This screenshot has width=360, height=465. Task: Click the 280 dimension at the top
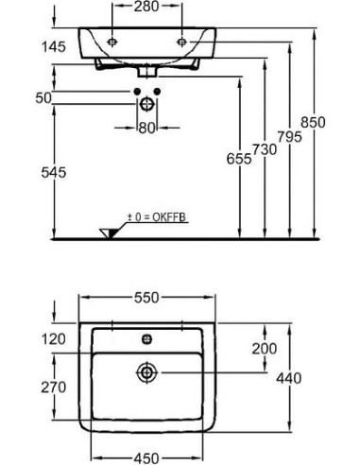click(x=146, y=7)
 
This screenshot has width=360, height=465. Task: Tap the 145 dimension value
click(x=54, y=47)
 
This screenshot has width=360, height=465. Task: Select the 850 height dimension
click(x=313, y=122)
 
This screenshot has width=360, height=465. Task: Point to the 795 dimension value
click(x=290, y=137)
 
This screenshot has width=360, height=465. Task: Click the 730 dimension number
click(x=265, y=149)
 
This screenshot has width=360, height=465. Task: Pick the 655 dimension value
click(x=239, y=159)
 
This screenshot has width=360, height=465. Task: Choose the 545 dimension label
click(x=54, y=172)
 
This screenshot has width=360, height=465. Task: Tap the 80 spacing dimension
click(x=147, y=128)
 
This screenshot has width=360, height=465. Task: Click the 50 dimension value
click(x=43, y=98)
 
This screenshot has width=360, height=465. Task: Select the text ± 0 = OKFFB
click(x=156, y=217)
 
